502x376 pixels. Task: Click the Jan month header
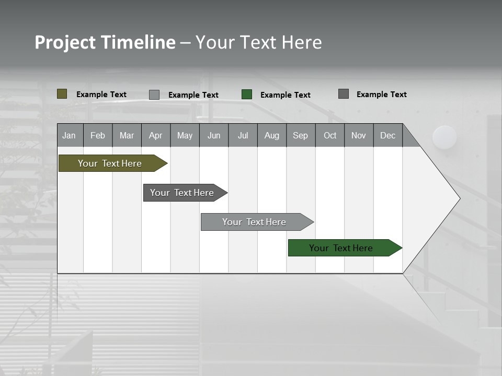coord(70,135)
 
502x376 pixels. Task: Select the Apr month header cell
coord(155,135)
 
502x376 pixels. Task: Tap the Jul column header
coord(243,135)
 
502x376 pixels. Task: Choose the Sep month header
coord(300,135)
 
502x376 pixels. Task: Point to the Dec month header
coord(387,135)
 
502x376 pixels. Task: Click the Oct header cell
coord(329,135)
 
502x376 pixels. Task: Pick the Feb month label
coord(98,135)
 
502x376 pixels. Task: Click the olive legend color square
coord(62,94)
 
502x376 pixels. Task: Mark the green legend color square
coord(247,95)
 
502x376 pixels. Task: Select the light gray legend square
coord(154,95)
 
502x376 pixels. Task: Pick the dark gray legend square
coord(344,94)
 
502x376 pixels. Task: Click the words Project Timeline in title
coord(105,42)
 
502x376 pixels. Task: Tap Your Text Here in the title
coord(258,42)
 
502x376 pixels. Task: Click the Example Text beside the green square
coord(285,95)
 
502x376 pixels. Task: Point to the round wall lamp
coord(444,137)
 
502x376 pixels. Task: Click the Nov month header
coord(359,135)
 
